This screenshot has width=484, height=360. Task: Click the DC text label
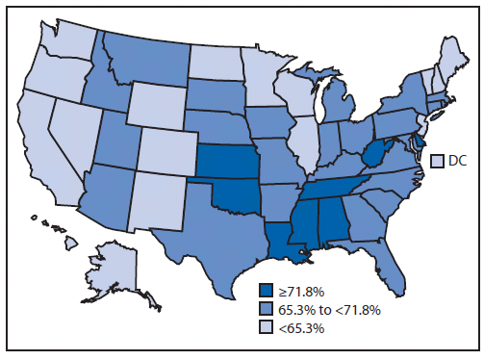[458, 161]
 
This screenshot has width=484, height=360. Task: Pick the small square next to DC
[437, 161]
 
